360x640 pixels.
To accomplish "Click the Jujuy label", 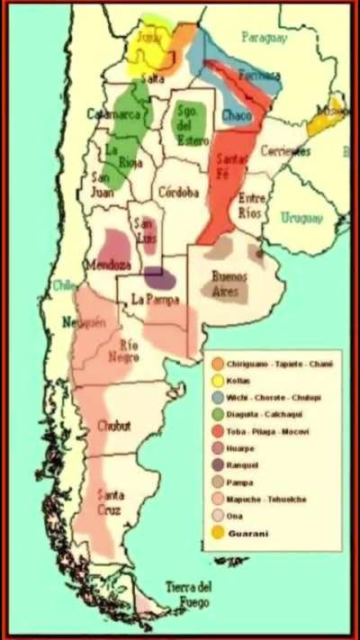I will point(148,37).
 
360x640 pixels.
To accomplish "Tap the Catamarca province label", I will point(115,114).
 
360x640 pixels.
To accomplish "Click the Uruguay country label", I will point(301,218).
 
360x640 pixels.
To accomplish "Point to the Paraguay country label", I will point(263,38).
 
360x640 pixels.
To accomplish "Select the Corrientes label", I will point(285,151).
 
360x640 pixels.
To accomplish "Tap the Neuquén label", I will point(77,322).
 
